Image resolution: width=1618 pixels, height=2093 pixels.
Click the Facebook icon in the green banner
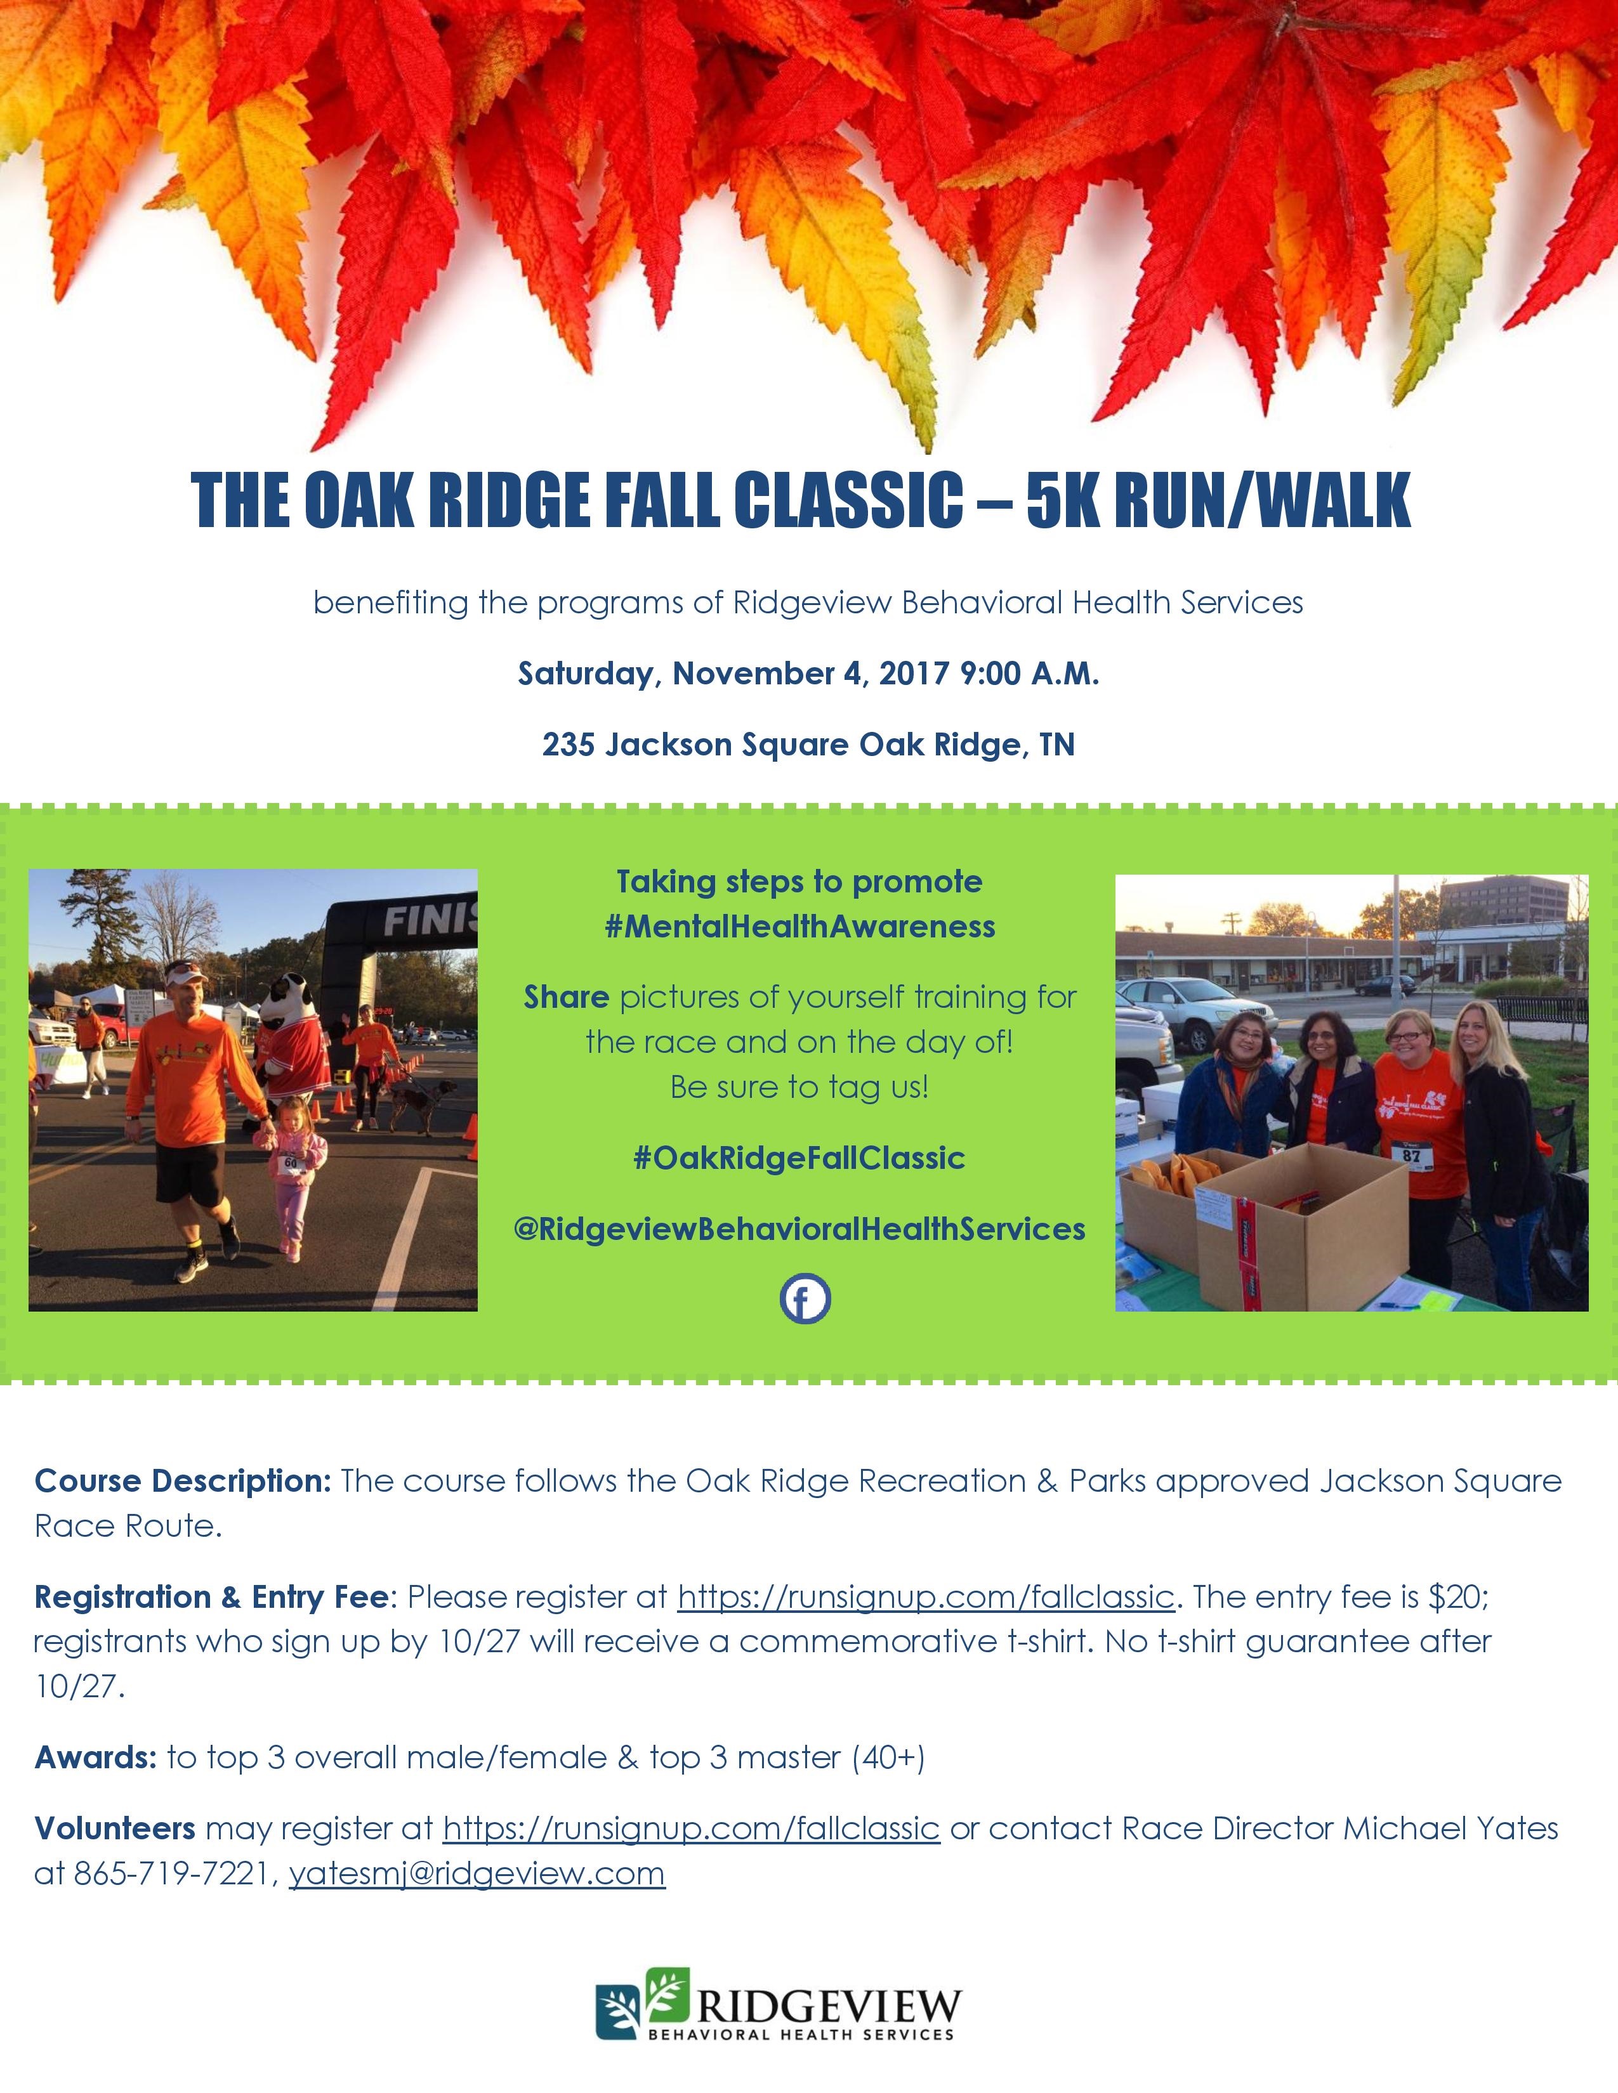[x=805, y=1300]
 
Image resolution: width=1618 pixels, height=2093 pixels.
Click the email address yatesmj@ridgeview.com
[x=477, y=1874]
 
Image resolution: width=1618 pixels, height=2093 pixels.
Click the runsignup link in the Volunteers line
[x=690, y=1827]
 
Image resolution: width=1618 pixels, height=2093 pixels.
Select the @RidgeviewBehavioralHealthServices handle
[x=799, y=1230]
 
